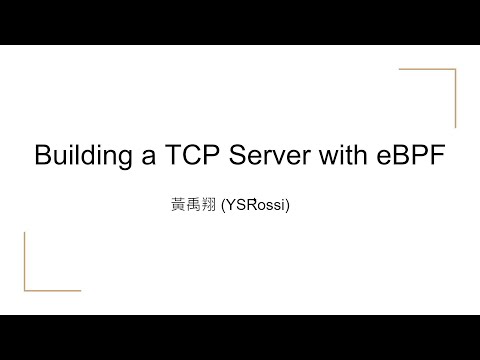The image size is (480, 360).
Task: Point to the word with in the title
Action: pos(345,157)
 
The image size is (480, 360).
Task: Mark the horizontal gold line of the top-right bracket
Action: pos(428,70)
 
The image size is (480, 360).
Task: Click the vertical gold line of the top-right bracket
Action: pos(457,100)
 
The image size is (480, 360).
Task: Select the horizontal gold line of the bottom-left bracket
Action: pos(51,289)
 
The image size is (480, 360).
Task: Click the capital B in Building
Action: pos(44,157)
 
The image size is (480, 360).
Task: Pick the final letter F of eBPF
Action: pos(437,157)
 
